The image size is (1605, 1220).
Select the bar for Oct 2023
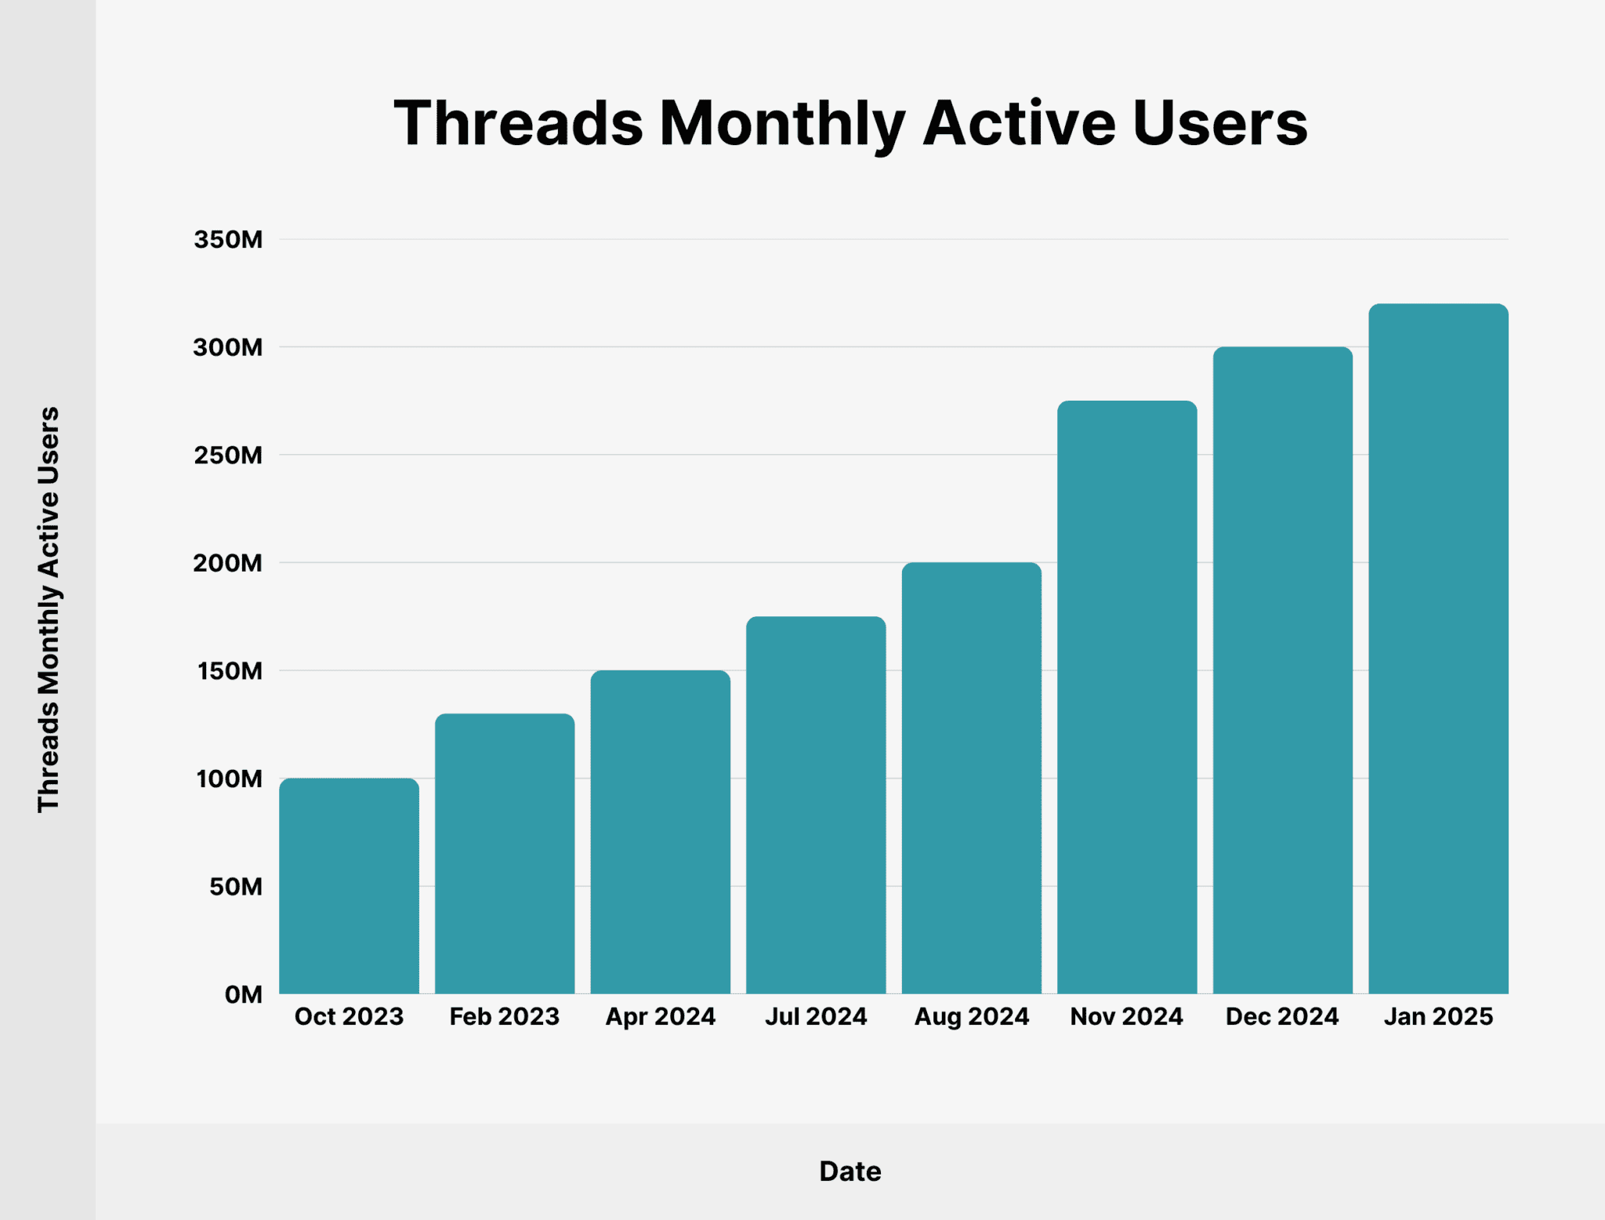(x=349, y=886)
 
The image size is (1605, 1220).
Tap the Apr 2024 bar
(x=660, y=831)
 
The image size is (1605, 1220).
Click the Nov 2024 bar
(x=1127, y=697)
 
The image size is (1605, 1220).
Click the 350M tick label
(x=228, y=240)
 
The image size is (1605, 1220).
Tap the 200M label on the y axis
(x=228, y=563)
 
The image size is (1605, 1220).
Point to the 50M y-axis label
(x=235, y=887)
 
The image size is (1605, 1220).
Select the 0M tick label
(x=243, y=995)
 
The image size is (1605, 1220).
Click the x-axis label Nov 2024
(x=1126, y=1017)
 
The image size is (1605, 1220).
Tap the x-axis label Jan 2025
(x=1438, y=1017)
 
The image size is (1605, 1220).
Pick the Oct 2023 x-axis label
(x=349, y=1017)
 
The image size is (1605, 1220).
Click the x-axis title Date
(x=850, y=1171)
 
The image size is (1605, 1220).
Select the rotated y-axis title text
(x=49, y=609)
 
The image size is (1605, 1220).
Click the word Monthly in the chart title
(x=782, y=124)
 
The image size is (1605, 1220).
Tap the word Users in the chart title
(x=1219, y=124)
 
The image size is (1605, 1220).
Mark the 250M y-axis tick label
(x=228, y=456)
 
